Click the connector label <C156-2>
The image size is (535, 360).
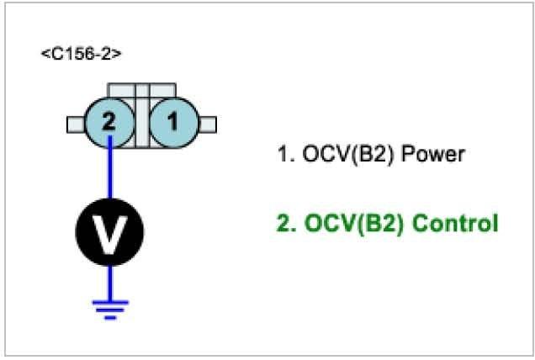[x=81, y=54]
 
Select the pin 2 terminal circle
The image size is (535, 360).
[x=109, y=121]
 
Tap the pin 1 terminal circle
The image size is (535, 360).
[x=172, y=121]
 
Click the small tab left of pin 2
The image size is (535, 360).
[x=75, y=124]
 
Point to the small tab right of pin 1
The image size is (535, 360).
[x=207, y=124]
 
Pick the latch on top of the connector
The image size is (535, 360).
[x=141, y=90]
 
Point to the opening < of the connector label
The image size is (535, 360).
[x=44, y=55]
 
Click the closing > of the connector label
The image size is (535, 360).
[x=118, y=55]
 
